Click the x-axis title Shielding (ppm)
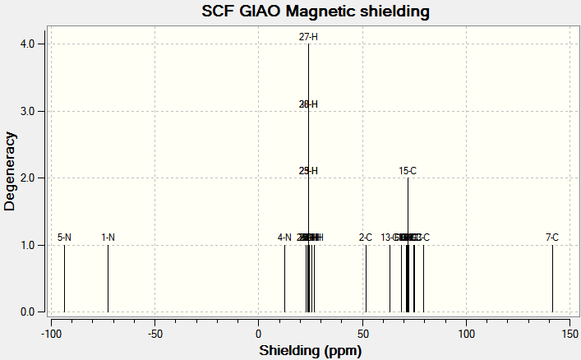(x=310, y=350)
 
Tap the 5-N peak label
(x=64, y=238)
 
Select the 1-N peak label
(x=108, y=238)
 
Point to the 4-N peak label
(x=284, y=238)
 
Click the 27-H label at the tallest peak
(x=308, y=37)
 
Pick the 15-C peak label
(x=408, y=171)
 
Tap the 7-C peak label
(x=552, y=238)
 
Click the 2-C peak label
(x=366, y=238)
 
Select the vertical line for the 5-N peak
(x=64, y=279)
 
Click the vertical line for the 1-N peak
(x=108, y=279)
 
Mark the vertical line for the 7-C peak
(x=552, y=279)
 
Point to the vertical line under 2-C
(x=366, y=279)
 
